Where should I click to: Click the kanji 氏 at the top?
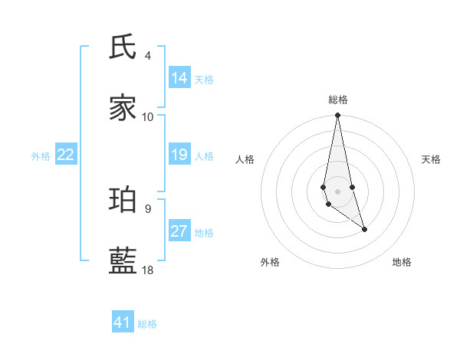(x=123, y=47)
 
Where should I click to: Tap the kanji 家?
(x=123, y=108)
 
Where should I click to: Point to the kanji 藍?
(x=123, y=261)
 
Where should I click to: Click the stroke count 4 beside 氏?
(x=148, y=56)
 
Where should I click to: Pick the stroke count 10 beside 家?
(x=148, y=116)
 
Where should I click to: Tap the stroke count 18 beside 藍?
(x=148, y=270)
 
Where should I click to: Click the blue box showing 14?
(x=179, y=78)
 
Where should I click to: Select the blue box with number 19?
(x=179, y=155)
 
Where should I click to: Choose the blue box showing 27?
(x=179, y=231)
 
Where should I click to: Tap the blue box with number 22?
(x=66, y=155)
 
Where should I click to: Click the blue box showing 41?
(x=123, y=322)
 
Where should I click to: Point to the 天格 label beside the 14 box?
(x=204, y=80)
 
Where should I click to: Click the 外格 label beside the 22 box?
(x=41, y=156)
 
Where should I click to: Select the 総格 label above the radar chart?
(x=338, y=100)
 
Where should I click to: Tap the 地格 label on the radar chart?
(x=402, y=262)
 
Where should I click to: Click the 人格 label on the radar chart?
(x=245, y=159)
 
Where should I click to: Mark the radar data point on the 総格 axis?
(x=337, y=116)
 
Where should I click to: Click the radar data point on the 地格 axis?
(x=364, y=229)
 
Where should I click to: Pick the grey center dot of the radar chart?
(x=337, y=191)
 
